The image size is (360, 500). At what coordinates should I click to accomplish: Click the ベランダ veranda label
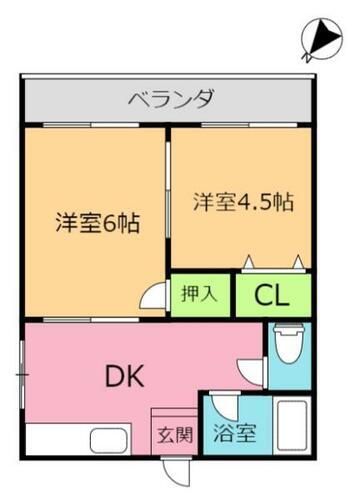click(169, 99)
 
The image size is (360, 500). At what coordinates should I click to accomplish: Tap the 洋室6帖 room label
click(96, 221)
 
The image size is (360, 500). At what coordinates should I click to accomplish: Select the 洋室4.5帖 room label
click(242, 201)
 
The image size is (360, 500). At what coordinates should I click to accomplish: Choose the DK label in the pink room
click(126, 377)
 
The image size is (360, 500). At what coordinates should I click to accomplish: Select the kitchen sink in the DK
click(103, 440)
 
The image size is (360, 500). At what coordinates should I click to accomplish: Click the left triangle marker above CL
click(248, 262)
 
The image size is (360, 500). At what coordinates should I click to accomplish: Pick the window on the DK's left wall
click(22, 374)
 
